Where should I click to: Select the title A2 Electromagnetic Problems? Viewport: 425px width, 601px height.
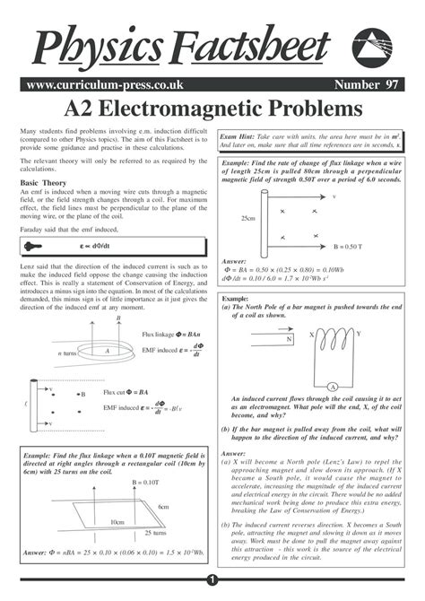pyautogui.click(x=212, y=109)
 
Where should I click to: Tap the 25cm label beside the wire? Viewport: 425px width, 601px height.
pyautogui.click(x=248, y=218)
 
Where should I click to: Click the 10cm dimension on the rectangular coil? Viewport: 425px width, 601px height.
pyautogui.click(x=117, y=522)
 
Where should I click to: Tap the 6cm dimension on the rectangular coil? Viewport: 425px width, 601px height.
pyautogui.click(x=164, y=508)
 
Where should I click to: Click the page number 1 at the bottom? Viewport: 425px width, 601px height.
pyautogui.click(x=212, y=580)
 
